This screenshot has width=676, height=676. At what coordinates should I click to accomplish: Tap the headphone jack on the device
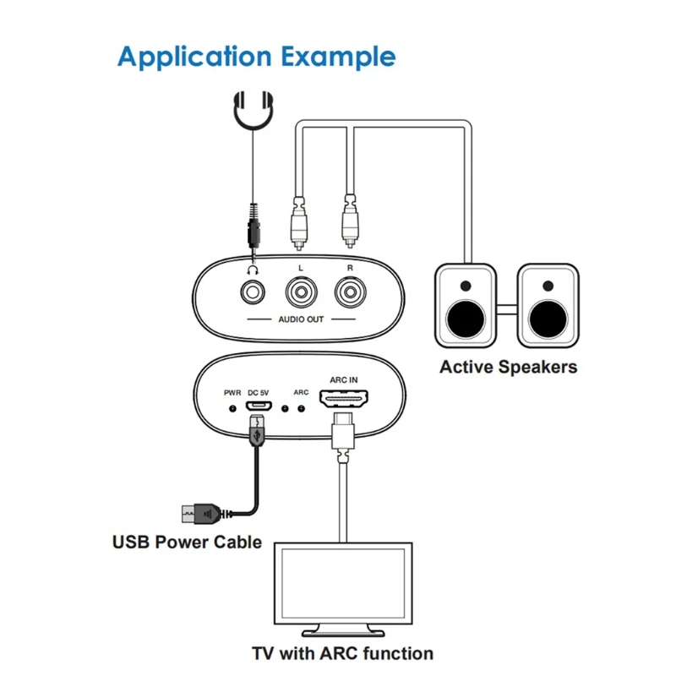point(253,292)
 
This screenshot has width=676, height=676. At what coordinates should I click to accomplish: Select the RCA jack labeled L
point(302,292)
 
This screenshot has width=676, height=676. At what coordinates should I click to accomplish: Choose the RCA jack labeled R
point(351,292)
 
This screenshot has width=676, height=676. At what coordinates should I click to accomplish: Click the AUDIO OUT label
point(301,319)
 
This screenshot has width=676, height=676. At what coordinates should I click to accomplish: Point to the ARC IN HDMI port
point(344,398)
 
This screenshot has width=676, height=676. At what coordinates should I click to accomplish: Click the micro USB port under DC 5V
point(259,406)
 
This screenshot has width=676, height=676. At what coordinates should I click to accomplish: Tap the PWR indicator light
point(233,408)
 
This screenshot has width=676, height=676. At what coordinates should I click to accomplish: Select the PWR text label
point(232,393)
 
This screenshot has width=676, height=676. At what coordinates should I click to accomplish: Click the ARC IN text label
point(344,379)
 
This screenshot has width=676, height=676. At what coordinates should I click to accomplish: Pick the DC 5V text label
point(259,393)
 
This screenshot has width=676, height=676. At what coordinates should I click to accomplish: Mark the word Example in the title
point(339,57)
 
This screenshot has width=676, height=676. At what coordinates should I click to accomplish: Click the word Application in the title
point(195,57)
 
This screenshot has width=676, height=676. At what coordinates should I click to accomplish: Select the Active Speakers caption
point(509,368)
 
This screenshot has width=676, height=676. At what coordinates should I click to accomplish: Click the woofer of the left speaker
point(466,319)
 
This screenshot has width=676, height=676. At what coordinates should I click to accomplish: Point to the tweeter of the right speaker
point(548,286)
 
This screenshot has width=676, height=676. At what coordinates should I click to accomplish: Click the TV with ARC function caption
point(343,653)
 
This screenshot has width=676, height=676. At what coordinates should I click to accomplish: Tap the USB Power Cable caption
point(187,542)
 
